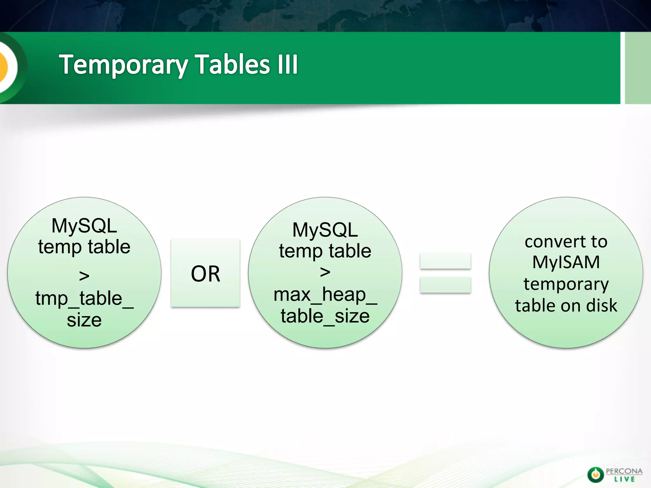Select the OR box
click(205, 273)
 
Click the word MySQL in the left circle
click(84, 226)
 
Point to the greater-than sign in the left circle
click(84, 276)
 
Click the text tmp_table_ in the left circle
click(84, 299)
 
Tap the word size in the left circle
click(84, 320)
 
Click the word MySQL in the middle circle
click(325, 230)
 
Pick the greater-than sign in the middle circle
click(325, 272)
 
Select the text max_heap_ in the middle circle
click(325, 295)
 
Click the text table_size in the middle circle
click(325, 316)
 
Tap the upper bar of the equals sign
click(445, 261)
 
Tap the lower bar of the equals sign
click(445, 285)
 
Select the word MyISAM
click(566, 262)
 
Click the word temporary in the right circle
click(566, 284)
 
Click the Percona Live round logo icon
click(595, 475)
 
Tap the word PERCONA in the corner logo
click(624, 471)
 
